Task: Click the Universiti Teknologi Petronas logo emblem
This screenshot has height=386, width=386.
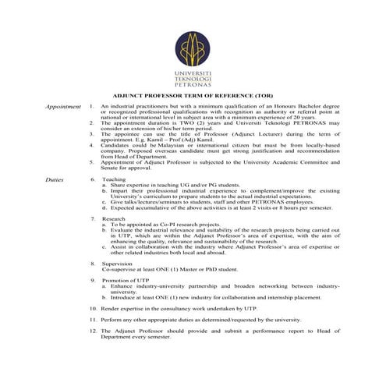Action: (x=193, y=48)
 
